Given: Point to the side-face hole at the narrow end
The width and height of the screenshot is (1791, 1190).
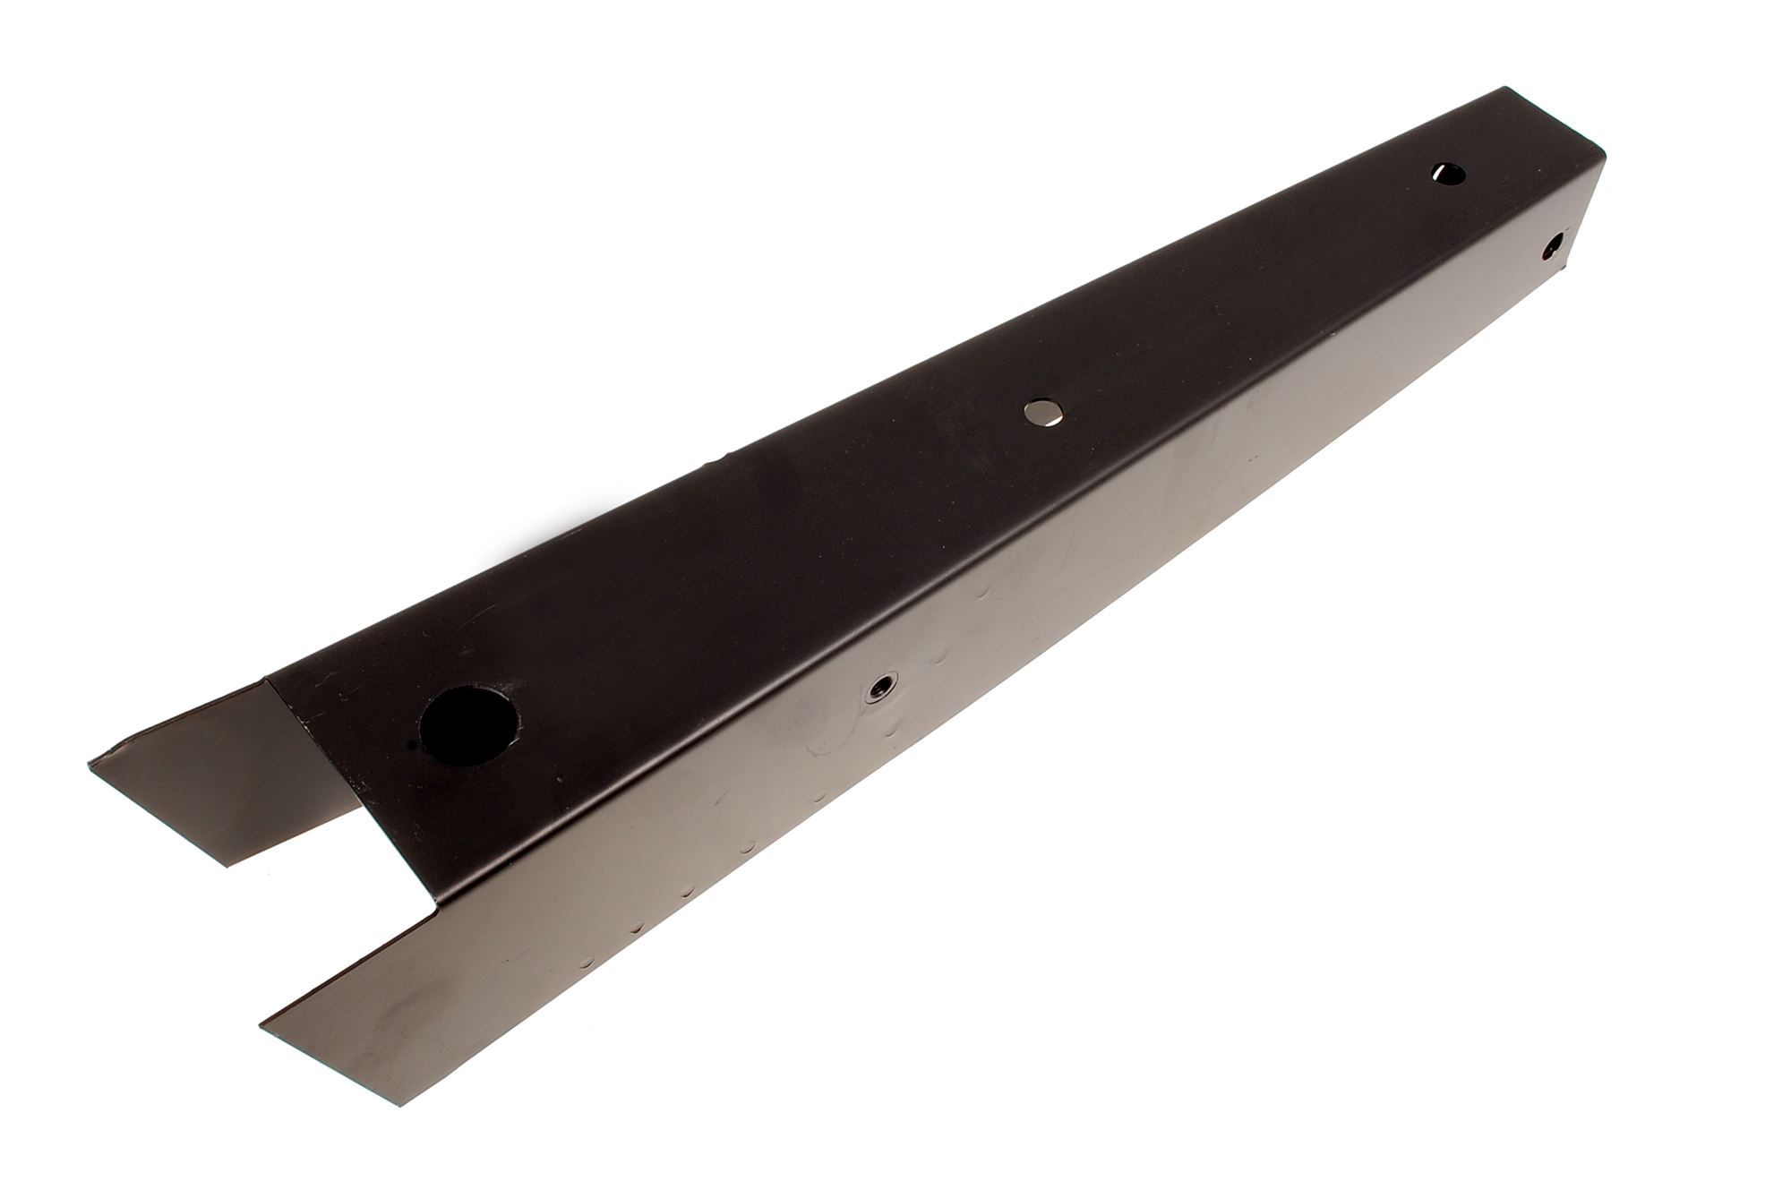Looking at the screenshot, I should (x=1555, y=243).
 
